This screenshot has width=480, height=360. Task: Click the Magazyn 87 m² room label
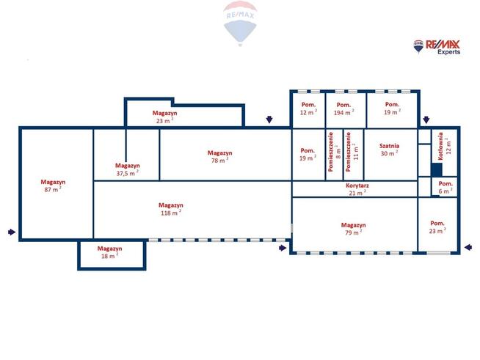[x=53, y=185]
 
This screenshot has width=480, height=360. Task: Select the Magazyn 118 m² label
[x=171, y=209]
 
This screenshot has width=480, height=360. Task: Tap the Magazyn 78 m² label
[x=219, y=157]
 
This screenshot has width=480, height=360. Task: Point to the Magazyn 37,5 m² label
[x=128, y=169]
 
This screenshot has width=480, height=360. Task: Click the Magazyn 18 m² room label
[x=109, y=252]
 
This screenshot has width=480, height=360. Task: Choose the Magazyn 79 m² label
[x=353, y=229]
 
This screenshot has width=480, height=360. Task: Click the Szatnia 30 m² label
[x=390, y=150]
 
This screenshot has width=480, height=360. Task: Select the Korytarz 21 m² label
[x=357, y=189]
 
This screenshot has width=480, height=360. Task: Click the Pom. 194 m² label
[x=343, y=109]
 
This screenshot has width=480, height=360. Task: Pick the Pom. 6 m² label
[x=446, y=188]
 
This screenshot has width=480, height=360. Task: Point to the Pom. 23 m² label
[x=437, y=227]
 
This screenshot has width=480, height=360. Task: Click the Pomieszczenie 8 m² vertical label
[x=334, y=152]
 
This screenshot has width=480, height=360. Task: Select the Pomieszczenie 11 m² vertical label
[x=352, y=152]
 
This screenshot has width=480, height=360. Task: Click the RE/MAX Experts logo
[x=437, y=47]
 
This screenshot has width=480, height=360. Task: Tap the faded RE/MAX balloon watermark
[x=240, y=23]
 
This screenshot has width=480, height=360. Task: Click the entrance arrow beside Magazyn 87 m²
[x=12, y=232]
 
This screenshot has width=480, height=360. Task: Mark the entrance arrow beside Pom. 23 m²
[x=468, y=247]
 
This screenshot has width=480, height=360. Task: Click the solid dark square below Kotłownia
[x=437, y=170]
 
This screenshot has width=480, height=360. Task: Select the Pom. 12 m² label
[x=308, y=109]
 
